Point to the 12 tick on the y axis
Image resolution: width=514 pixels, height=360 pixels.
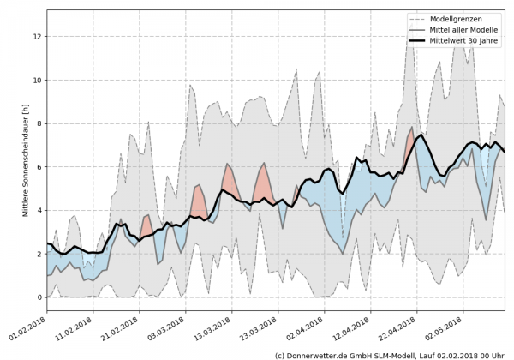coord(36,37)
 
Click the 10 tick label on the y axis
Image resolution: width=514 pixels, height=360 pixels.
coord(36,81)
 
